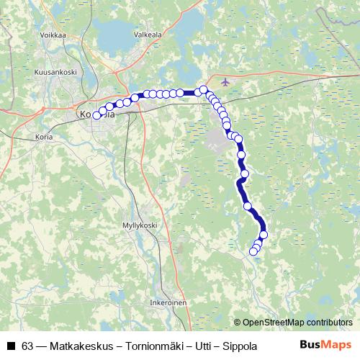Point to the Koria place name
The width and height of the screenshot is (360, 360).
pos(44,136)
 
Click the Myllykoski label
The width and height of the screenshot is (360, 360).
pos(140,225)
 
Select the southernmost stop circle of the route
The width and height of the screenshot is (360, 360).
pos(253,251)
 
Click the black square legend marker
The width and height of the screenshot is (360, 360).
pos(10,346)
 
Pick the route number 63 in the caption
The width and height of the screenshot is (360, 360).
pos(27,346)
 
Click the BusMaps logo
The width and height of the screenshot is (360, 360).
pos(325,346)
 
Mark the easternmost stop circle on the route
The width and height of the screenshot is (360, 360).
pos(264,235)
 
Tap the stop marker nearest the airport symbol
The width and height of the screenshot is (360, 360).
pos(204,90)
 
